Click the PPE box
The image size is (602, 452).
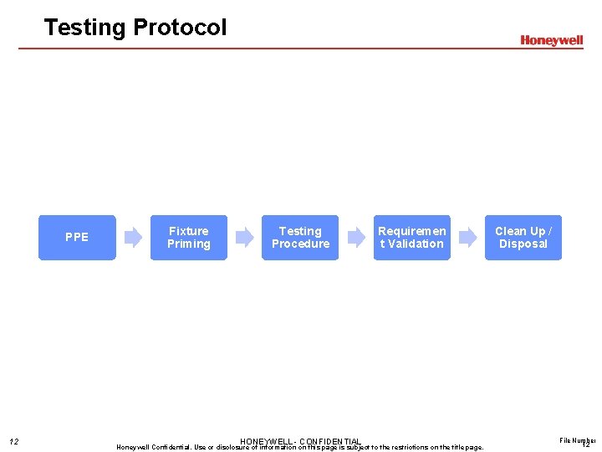point(77,238)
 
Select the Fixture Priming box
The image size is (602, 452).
point(188,238)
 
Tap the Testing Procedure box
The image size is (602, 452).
point(300,238)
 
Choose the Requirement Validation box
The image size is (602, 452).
point(411,238)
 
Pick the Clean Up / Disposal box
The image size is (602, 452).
point(523,238)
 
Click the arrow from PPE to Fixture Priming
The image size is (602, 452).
point(133,238)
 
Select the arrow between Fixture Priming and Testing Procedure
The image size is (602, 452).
point(244,238)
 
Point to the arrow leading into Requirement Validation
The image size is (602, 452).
point(356,238)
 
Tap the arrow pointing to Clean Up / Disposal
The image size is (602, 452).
point(467,238)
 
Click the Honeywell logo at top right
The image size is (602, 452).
point(551,40)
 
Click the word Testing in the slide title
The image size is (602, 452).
point(84,28)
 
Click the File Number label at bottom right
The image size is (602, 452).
point(577,439)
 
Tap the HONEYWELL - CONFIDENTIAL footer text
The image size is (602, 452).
point(300,441)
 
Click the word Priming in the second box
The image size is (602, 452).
point(188,244)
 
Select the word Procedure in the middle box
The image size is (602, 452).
point(300,244)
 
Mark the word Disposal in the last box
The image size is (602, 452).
point(523,244)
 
